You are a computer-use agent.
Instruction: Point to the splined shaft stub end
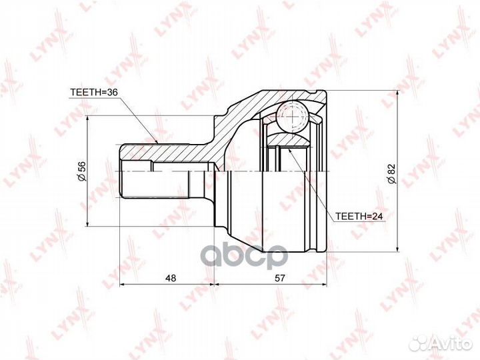[x=133, y=171]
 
